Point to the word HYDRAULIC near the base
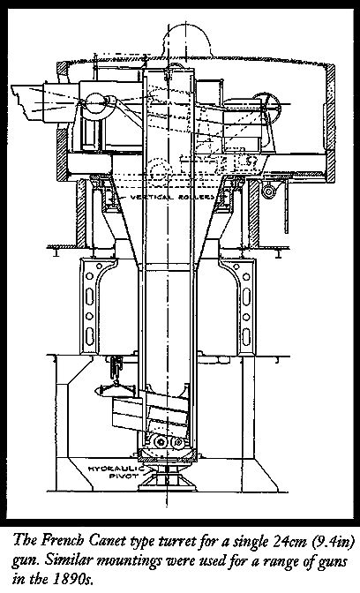111,469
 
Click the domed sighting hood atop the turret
185,42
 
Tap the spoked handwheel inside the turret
267,106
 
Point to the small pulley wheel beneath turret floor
269,191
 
